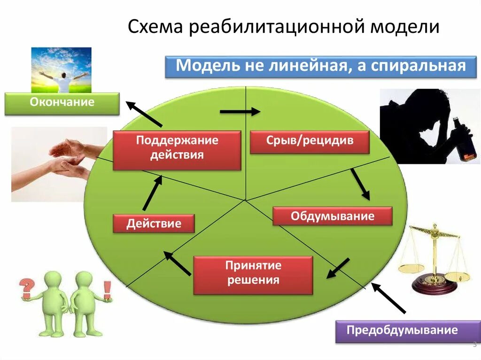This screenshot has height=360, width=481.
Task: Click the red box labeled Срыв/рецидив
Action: click(x=310, y=142)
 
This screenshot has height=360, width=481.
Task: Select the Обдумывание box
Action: click(x=332, y=216)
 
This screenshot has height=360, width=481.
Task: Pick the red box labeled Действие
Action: click(x=154, y=223)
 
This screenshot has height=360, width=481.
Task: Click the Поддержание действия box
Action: click(x=177, y=150)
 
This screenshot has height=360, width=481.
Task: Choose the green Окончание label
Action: click(x=62, y=103)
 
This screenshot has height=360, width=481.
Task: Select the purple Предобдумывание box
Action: click(x=402, y=330)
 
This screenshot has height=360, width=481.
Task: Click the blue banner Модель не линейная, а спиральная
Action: click(x=321, y=66)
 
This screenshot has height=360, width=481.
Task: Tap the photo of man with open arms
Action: click(x=61, y=69)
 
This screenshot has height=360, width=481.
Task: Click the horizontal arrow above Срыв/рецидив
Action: click(x=240, y=111)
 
